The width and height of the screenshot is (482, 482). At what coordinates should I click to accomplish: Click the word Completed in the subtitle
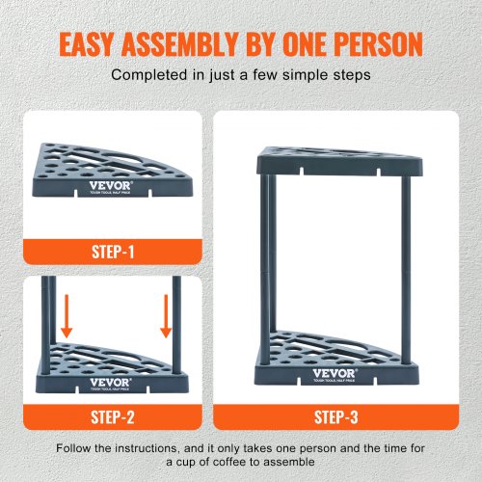(148, 75)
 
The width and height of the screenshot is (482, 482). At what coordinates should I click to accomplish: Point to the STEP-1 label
(113, 252)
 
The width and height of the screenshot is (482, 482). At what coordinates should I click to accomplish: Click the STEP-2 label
(113, 417)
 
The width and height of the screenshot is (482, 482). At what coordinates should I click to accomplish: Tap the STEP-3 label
(335, 417)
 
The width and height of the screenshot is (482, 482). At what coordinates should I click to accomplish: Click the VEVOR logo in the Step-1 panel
(111, 185)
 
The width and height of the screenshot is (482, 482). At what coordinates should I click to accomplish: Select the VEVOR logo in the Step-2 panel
(110, 383)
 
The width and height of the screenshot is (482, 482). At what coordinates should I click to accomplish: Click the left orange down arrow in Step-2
(67, 316)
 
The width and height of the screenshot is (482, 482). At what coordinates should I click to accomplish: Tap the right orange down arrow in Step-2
(166, 316)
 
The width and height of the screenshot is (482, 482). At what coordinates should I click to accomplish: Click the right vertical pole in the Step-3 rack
(406, 270)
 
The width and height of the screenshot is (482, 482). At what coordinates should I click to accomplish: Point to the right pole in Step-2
(176, 325)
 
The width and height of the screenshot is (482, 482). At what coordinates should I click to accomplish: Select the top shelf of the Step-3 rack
(339, 161)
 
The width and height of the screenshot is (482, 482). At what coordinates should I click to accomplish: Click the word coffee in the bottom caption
(229, 462)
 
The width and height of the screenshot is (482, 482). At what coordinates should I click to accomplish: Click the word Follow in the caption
(73, 448)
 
